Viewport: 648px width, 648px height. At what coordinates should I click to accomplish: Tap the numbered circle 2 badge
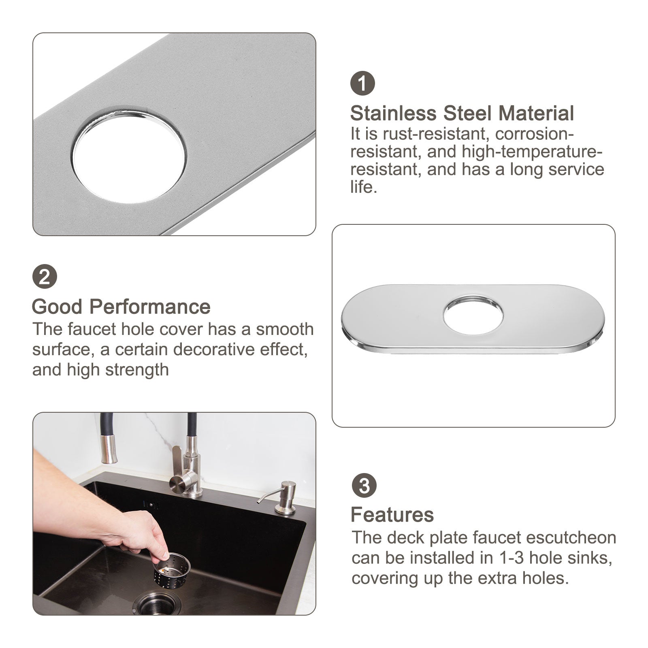point(45,277)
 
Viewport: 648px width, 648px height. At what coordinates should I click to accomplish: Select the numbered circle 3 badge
point(364,485)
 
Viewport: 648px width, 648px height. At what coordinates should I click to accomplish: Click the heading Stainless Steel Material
point(462,114)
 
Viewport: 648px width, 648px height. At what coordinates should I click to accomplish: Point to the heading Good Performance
point(121,307)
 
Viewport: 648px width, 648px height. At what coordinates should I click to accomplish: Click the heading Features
point(392,515)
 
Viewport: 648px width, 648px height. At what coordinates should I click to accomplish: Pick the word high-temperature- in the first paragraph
point(532,152)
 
